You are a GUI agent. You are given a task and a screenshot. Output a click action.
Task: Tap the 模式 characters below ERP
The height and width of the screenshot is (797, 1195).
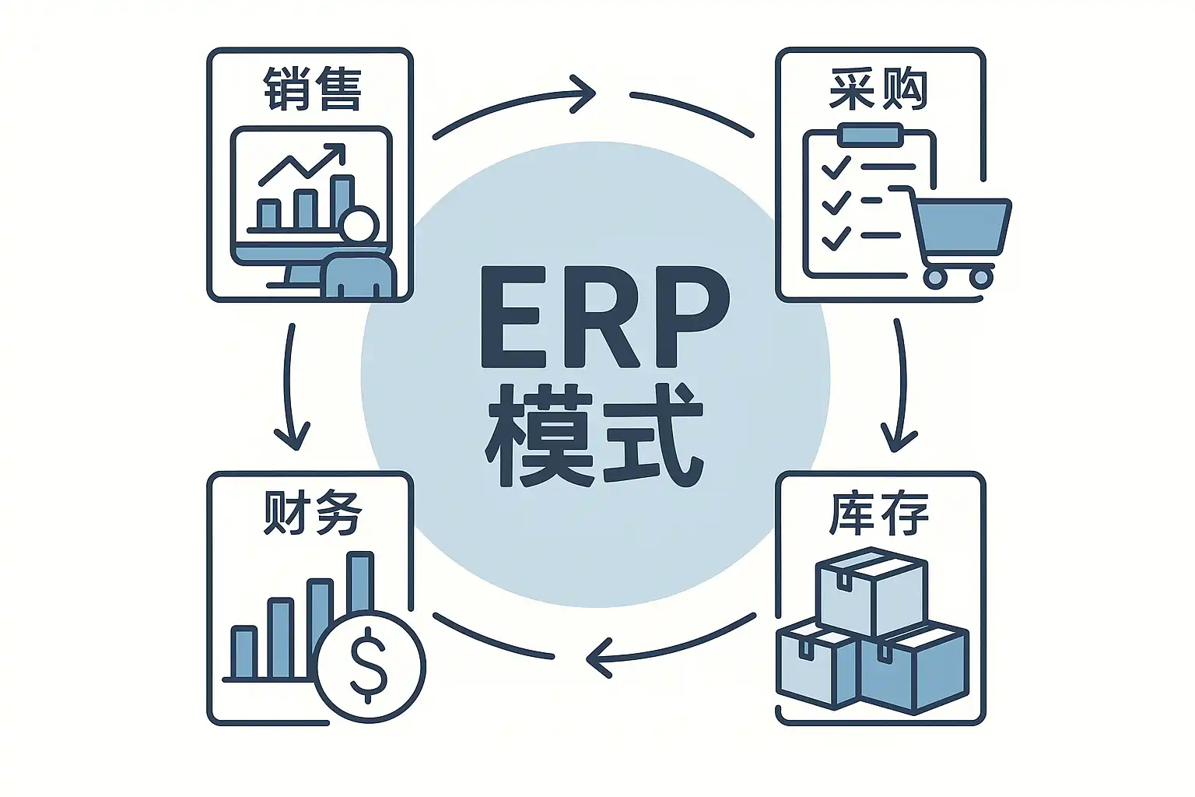(x=594, y=436)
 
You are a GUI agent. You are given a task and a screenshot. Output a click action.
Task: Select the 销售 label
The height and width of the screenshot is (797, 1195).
(x=312, y=90)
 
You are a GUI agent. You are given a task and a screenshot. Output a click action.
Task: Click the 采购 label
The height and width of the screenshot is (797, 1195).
(x=878, y=90)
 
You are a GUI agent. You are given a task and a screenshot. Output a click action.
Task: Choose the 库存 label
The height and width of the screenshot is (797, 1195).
(x=878, y=514)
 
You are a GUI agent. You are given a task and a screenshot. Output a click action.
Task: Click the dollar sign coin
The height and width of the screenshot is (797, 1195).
(x=370, y=666)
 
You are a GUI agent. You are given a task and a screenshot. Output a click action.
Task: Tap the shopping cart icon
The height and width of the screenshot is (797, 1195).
(x=960, y=233)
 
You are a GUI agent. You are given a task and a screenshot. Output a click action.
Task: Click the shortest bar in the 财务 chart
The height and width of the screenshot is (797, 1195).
(x=244, y=652)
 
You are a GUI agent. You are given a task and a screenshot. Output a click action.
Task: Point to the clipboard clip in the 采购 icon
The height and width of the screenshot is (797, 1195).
(x=869, y=135)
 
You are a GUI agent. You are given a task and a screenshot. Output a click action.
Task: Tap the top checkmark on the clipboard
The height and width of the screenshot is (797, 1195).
(x=836, y=167)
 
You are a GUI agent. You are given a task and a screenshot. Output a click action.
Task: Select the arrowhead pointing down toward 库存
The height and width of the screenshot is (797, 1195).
(x=899, y=439)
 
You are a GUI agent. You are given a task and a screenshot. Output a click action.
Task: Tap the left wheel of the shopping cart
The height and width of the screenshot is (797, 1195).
(x=934, y=276)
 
